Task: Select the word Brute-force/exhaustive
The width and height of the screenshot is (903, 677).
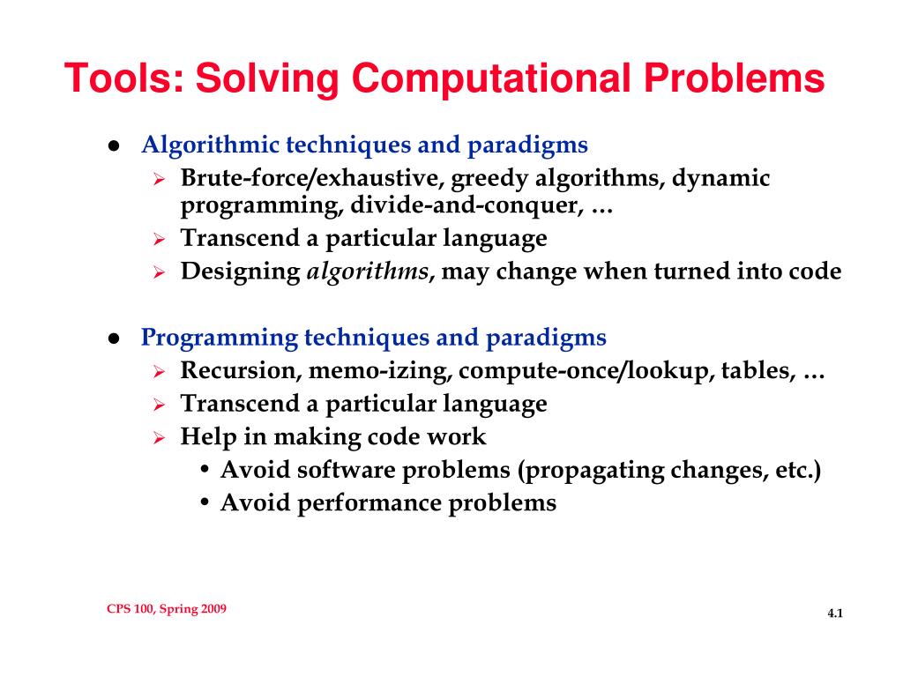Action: (x=312, y=179)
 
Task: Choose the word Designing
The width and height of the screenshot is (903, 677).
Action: (x=240, y=272)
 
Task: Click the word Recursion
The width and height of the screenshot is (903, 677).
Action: (x=240, y=370)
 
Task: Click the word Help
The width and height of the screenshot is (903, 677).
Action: (x=205, y=436)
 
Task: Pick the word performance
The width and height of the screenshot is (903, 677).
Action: (x=374, y=502)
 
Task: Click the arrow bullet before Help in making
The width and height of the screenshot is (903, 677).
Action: (x=160, y=437)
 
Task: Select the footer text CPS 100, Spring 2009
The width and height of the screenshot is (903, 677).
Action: (x=166, y=609)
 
